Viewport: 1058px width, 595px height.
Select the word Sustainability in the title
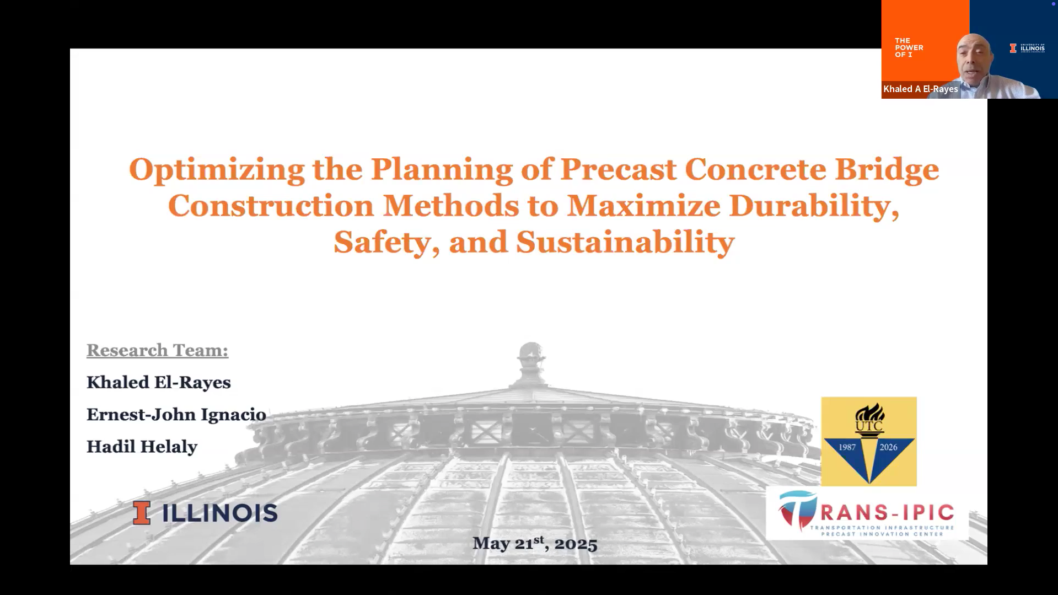pos(625,242)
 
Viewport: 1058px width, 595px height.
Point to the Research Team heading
pos(157,350)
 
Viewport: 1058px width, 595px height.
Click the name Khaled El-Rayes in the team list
pos(159,382)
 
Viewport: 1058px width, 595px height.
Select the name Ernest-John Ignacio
pos(176,415)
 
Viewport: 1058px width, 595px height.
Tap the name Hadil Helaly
pos(142,447)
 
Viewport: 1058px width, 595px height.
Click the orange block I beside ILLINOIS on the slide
pos(142,513)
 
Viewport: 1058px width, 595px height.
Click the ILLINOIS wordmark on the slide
pos(219,513)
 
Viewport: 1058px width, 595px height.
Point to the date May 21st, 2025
pos(535,543)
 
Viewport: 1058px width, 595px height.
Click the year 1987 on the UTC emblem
pos(847,447)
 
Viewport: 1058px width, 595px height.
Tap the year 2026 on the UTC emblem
pos(888,447)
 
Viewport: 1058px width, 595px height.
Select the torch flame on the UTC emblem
pos(870,412)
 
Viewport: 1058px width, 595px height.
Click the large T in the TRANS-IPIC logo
pos(798,511)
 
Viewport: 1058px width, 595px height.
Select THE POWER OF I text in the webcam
pos(909,47)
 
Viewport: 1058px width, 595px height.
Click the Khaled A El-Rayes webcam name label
pos(920,89)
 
